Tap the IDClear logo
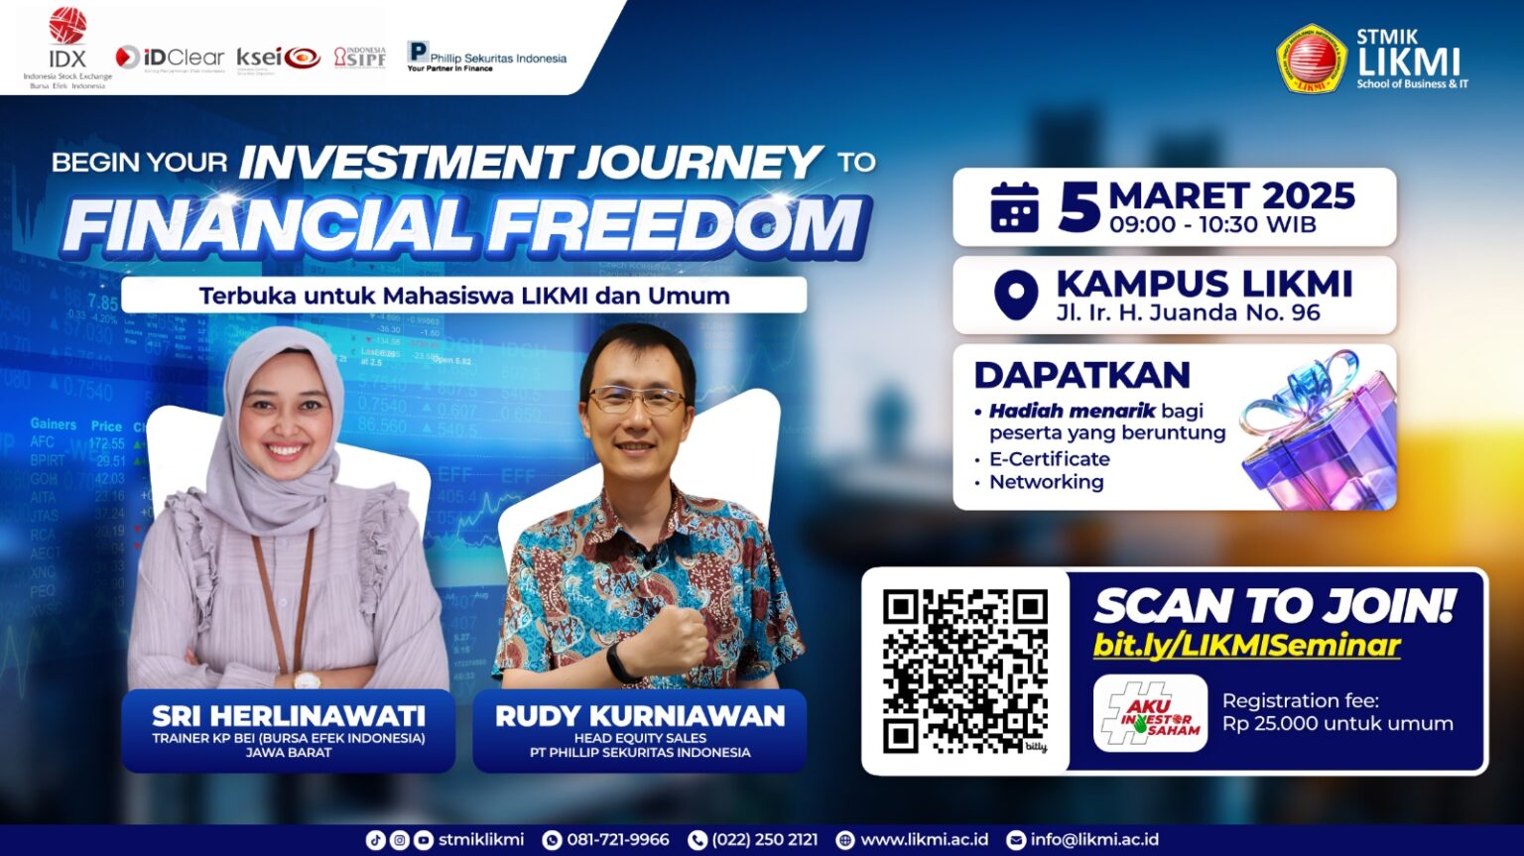(170, 58)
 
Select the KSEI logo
(279, 58)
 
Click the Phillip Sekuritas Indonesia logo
(486, 56)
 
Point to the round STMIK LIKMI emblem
(1311, 59)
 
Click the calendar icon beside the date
(1014, 207)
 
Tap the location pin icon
(1015, 296)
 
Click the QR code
(964, 671)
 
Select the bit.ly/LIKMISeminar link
(1246, 646)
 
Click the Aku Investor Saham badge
(1150, 713)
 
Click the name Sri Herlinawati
(289, 715)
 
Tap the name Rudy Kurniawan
(640, 715)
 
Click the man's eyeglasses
(637, 400)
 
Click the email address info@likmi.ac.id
(1093, 840)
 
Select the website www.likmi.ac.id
(924, 840)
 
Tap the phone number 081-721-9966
(617, 840)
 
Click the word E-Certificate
(1049, 459)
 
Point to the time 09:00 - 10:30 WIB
(1212, 225)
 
